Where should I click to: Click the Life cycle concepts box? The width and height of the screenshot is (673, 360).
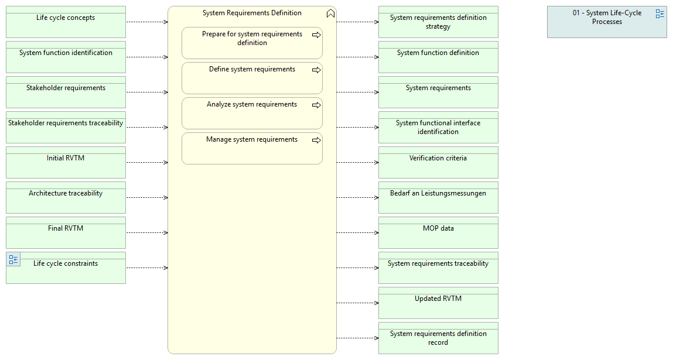click(x=66, y=22)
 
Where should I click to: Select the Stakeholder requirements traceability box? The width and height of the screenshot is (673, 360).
click(x=66, y=128)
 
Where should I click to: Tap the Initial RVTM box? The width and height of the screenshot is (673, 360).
click(x=66, y=163)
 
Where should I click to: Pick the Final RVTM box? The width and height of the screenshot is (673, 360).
click(x=66, y=232)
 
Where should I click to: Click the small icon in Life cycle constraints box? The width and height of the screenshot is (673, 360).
click(x=13, y=259)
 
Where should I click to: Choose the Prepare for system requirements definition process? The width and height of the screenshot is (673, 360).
click(x=252, y=43)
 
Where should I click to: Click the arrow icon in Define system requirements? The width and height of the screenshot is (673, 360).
click(x=316, y=70)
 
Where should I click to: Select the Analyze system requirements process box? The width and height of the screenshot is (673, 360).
click(x=252, y=114)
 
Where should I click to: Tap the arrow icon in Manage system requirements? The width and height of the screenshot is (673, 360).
click(x=316, y=140)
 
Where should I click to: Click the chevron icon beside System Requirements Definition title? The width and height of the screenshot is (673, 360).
click(x=330, y=13)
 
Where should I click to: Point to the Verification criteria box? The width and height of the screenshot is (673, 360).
click(x=438, y=163)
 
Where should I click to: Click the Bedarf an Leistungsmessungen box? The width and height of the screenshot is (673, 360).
click(x=438, y=198)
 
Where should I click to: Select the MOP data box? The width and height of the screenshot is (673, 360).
click(x=438, y=232)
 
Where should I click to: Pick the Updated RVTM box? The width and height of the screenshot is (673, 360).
click(x=438, y=303)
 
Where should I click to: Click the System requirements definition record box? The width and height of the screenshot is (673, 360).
click(x=438, y=338)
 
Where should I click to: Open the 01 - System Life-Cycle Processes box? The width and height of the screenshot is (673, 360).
click(x=607, y=22)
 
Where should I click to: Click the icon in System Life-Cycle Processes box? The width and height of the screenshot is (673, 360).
click(x=660, y=13)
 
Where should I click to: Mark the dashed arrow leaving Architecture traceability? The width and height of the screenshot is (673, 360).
click(x=147, y=198)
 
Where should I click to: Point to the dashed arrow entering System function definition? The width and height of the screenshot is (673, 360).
click(x=357, y=57)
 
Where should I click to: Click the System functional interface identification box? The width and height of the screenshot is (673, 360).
click(x=438, y=128)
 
